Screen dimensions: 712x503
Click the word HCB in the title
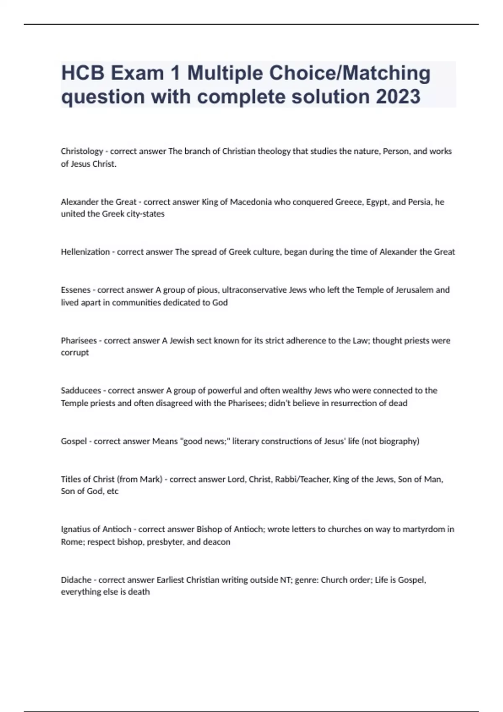(83, 73)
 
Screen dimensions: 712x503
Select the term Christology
(82, 151)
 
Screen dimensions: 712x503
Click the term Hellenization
(85, 252)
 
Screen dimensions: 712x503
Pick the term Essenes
(75, 290)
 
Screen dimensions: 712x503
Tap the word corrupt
(75, 353)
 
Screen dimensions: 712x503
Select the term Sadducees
(81, 390)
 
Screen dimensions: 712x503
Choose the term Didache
(76, 580)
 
